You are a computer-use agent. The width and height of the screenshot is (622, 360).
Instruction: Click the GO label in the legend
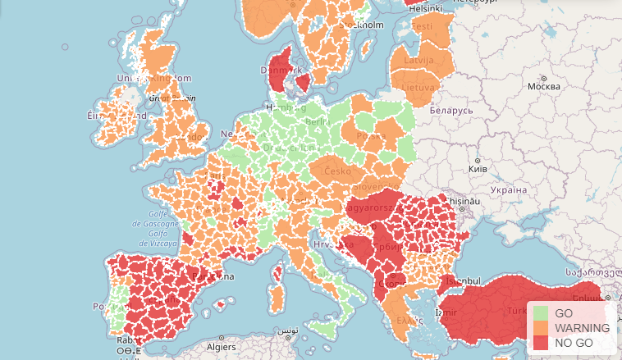564,313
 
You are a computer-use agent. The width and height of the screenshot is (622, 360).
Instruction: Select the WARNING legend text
582,328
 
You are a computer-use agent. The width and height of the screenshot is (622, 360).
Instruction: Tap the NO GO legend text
573,342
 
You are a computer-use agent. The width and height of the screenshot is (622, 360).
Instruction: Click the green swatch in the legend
541,313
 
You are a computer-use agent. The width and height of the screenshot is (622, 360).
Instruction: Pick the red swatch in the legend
541,342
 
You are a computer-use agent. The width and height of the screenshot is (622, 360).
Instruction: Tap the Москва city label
543,86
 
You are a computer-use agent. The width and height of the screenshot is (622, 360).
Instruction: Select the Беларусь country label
451,109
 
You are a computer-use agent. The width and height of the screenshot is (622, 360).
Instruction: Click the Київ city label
477,169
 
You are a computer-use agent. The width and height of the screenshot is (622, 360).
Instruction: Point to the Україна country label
508,189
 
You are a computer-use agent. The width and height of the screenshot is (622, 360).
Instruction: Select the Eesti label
422,26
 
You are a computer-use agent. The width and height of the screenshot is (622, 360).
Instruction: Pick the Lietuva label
418,87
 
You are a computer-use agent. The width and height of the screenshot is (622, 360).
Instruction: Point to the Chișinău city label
463,201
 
